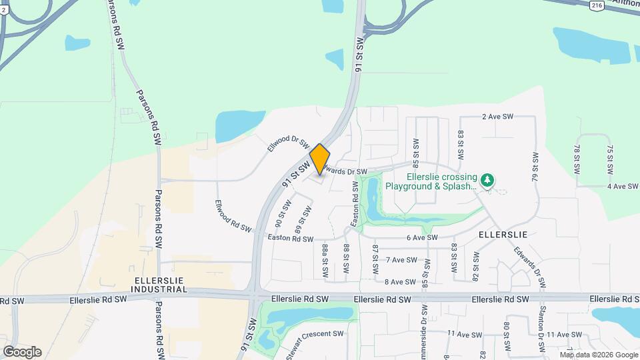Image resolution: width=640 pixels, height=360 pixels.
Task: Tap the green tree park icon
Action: pyautogui.click(x=488, y=179)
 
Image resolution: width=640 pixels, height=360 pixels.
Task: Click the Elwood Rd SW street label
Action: pyautogui.click(x=233, y=216)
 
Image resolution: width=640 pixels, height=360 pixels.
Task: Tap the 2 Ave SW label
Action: pyautogui.click(x=497, y=117)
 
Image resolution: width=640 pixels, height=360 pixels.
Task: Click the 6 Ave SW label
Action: pyautogui.click(x=421, y=237)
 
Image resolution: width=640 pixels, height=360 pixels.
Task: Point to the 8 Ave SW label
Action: pyautogui.click(x=401, y=282)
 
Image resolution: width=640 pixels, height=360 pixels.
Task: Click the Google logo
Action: pyautogui.click(x=22, y=352)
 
